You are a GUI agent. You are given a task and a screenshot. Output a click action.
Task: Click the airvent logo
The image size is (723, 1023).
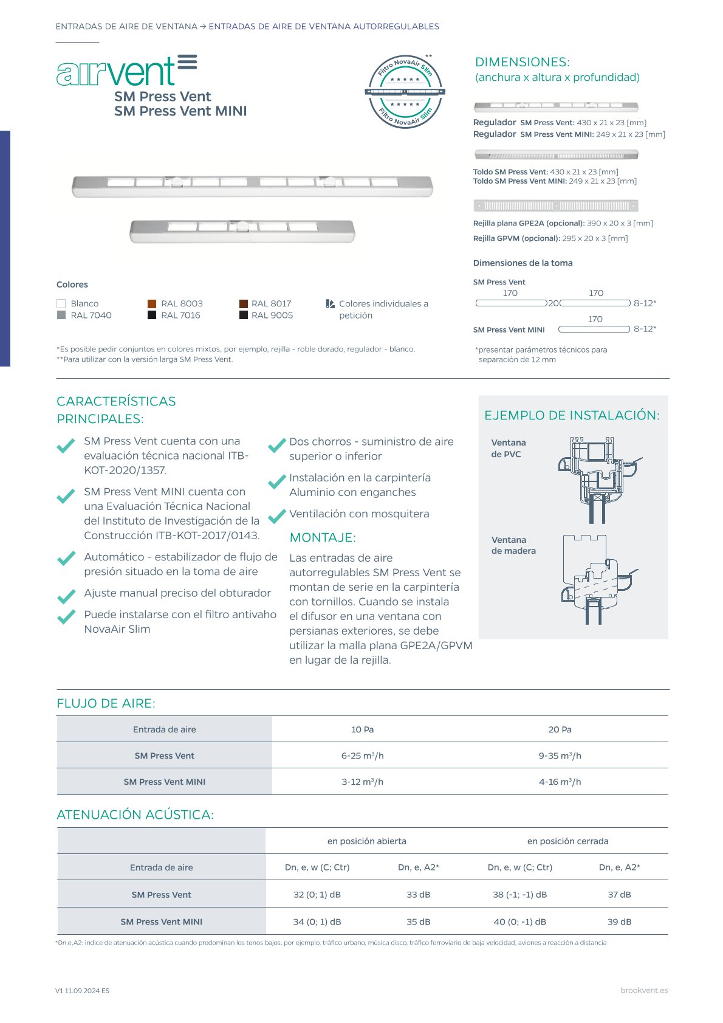click(x=126, y=71)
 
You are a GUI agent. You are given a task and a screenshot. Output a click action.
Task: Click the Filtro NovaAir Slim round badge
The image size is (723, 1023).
click(x=405, y=91)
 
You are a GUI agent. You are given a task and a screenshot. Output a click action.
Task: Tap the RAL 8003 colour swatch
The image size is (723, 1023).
click(x=152, y=303)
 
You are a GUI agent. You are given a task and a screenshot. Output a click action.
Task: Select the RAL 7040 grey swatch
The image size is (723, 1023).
click(x=61, y=315)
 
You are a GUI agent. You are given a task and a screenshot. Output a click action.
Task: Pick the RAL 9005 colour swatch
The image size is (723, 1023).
click(x=244, y=315)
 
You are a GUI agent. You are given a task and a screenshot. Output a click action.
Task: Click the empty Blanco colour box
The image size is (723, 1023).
click(x=61, y=303)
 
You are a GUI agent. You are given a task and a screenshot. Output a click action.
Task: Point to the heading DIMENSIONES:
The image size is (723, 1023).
click(x=522, y=62)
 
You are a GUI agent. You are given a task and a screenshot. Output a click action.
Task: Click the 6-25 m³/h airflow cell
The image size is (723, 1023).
click(x=362, y=756)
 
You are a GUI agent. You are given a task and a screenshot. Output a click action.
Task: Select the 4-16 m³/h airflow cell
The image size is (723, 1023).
click(x=560, y=782)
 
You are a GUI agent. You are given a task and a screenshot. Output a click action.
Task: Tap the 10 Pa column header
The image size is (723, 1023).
click(x=362, y=729)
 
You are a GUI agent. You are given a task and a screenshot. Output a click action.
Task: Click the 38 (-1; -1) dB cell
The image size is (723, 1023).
click(x=519, y=895)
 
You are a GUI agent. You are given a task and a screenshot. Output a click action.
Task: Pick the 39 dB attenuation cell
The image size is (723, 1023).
click(x=619, y=921)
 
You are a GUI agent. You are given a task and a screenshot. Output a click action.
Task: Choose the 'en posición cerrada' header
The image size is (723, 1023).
click(x=567, y=841)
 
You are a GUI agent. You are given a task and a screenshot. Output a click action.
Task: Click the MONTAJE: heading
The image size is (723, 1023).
click(x=323, y=537)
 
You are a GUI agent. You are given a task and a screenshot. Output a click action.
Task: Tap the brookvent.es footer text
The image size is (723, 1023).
click(x=644, y=990)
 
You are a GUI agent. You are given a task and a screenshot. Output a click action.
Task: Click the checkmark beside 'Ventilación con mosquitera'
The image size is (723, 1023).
click(x=277, y=515)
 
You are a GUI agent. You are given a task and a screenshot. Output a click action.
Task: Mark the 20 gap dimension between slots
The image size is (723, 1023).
click(x=553, y=303)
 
